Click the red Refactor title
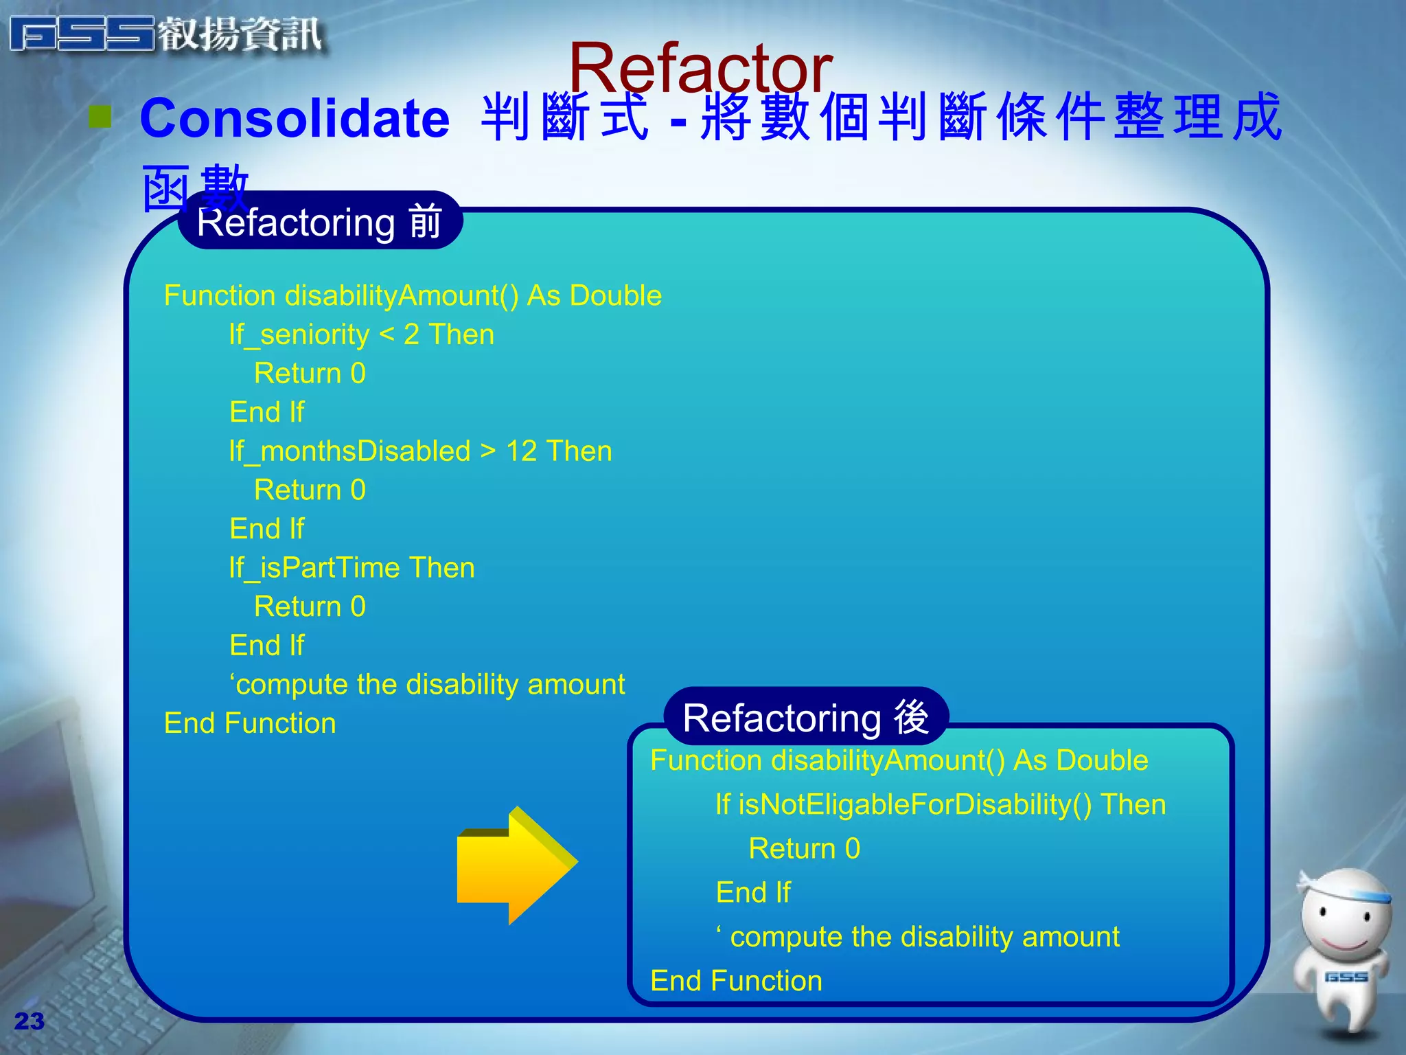coord(700,69)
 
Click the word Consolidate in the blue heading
coord(295,118)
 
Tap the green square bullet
coord(100,117)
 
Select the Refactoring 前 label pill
coord(319,222)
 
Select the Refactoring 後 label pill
coord(806,717)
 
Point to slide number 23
coord(29,1021)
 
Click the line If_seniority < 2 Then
coord(362,334)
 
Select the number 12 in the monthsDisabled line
coord(521,451)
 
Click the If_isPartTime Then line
coord(351,568)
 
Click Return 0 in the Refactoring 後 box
coord(804,849)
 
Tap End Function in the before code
coord(250,723)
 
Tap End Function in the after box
coord(736,981)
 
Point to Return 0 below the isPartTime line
coord(310,606)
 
